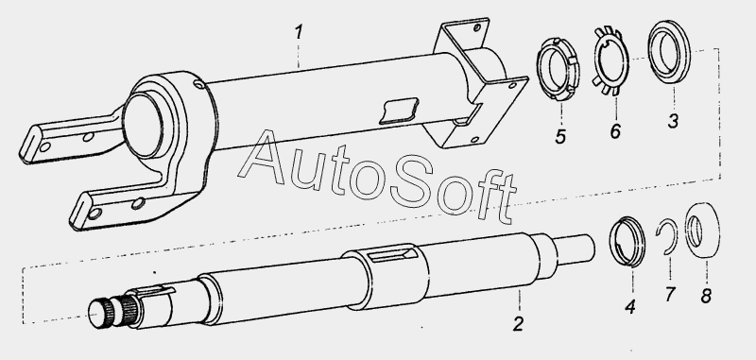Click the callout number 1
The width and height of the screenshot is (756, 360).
(x=299, y=33)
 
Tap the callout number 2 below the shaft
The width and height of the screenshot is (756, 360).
(x=518, y=324)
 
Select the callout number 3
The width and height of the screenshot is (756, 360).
(x=673, y=121)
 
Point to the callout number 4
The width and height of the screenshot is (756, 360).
(x=630, y=306)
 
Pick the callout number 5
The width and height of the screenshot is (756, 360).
(x=559, y=136)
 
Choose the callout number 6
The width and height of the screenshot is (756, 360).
(x=615, y=131)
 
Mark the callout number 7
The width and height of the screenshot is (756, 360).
(x=670, y=294)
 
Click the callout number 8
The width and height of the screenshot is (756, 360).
(x=706, y=296)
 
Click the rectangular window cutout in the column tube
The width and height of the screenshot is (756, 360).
(x=398, y=111)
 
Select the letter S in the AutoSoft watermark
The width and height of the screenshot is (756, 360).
(x=412, y=185)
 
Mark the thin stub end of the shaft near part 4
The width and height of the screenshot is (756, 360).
(x=574, y=249)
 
